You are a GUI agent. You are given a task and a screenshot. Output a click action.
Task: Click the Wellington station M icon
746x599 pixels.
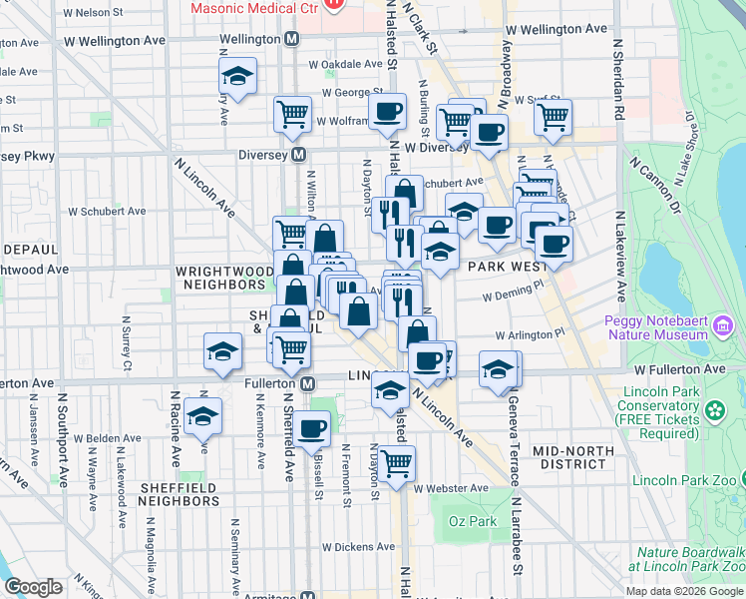292,39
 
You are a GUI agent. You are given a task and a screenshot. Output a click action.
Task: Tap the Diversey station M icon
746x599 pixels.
298,156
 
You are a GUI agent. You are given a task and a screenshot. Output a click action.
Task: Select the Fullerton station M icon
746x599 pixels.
308,384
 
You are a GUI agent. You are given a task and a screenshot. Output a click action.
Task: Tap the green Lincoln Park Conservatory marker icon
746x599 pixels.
714,410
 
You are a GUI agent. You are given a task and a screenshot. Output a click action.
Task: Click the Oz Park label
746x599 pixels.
473,521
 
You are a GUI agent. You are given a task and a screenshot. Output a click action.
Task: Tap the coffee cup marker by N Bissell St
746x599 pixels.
312,428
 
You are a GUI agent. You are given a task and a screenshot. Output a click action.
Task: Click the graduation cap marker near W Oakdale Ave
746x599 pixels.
237,76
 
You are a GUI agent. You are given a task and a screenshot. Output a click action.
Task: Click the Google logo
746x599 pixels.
33,587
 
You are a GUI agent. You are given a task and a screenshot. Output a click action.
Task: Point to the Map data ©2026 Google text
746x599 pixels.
683,591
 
